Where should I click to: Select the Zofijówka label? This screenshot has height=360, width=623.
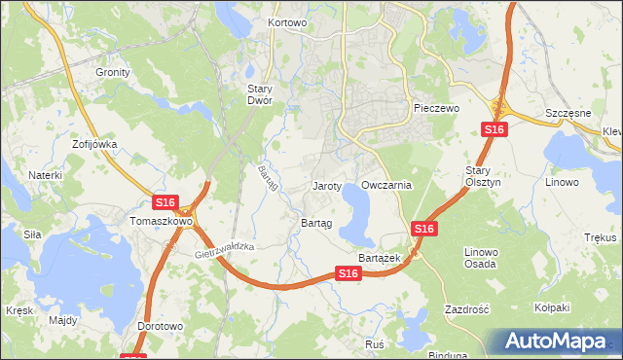[94, 144]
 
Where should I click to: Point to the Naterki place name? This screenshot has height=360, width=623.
[45, 175]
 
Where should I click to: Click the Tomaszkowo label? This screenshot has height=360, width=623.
[162, 221]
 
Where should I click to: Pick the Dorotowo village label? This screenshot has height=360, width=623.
[161, 327]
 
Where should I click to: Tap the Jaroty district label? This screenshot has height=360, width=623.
[326, 185]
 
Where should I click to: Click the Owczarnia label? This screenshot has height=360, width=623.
[386, 185]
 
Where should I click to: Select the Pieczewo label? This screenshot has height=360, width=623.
[435, 108]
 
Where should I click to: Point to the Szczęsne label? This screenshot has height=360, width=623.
[568, 113]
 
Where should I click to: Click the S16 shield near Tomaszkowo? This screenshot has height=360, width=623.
[165, 202]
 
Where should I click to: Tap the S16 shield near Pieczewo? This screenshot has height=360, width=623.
[495, 129]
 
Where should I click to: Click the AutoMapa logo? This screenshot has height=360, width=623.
[558, 342]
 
